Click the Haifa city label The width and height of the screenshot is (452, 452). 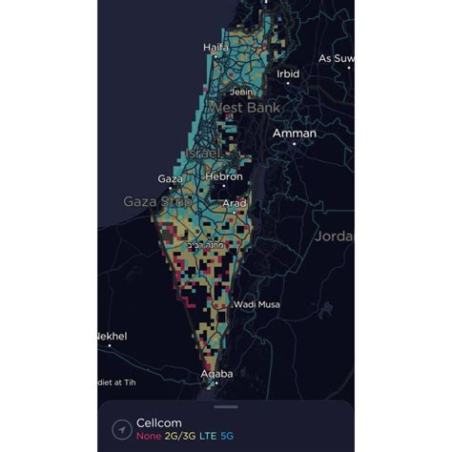pyautogui.click(x=216, y=47)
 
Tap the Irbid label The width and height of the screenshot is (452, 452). pyautogui.click(x=288, y=73)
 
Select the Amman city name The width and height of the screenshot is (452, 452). pyautogui.click(x=294, y=134)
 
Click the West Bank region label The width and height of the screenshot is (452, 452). pyautogui.click(x=245, y=108)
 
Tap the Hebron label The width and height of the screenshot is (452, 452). pyautogui.click(x=224, y=176)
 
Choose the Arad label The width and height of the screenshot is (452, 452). pyautogui.click(x=234, y=203)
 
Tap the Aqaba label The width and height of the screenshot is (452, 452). pyautogui.click(x=216, y=374)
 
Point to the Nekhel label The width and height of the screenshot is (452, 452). pyautogui.click(x=112, y=336)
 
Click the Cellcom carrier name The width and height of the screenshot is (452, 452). pyautogui.click(x=158, y=422)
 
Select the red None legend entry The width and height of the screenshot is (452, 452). pyautogui.click(x=148, y=436)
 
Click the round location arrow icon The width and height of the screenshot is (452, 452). pyautogui.click(x=120, y=429)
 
